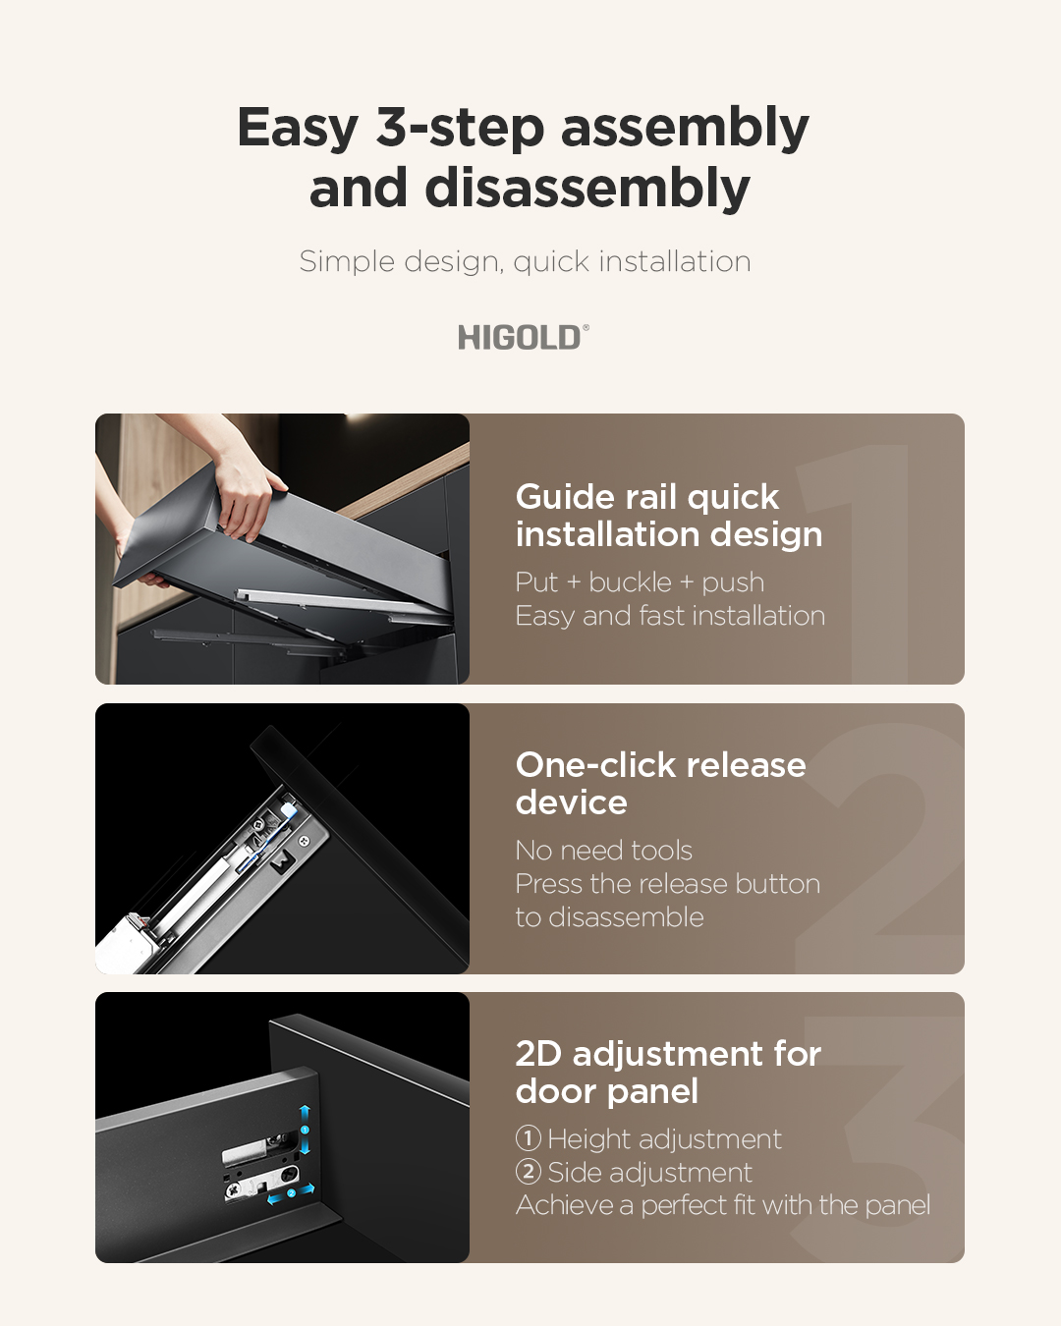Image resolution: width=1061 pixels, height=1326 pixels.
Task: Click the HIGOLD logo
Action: click(x=523, y=337)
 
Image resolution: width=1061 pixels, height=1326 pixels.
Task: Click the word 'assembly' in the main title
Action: click(x=685, y=128)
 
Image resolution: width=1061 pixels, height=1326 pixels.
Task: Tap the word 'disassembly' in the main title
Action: click(x=587, y=189)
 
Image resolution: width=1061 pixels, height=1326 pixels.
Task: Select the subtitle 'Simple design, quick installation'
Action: click(x=526, y=262)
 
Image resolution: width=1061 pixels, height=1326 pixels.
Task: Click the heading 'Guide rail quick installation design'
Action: click(x=669, y=515)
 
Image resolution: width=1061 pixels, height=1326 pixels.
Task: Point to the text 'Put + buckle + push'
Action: click(x=640, y=582)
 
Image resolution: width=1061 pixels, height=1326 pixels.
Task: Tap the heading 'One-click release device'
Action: click(x=661, y=783)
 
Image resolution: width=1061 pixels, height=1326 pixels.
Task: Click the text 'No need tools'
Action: click(x=603, y=851)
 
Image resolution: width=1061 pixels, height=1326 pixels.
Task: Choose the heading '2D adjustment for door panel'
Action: click(x=668, y=1073)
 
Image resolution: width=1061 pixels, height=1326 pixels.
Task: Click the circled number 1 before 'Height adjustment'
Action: click(x=529, y=1138)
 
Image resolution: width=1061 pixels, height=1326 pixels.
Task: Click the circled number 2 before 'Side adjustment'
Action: click(x=529, y=1172)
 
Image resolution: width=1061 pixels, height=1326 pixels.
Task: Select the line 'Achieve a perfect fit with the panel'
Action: click(x=722, y=1205)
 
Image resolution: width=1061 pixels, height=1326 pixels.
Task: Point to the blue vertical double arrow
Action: click(x=305, y=1130)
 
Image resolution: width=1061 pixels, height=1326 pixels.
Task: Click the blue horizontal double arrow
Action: click(x=291, y=1193)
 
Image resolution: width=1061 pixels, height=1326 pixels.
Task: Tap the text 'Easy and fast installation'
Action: click(x=670, y=616)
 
